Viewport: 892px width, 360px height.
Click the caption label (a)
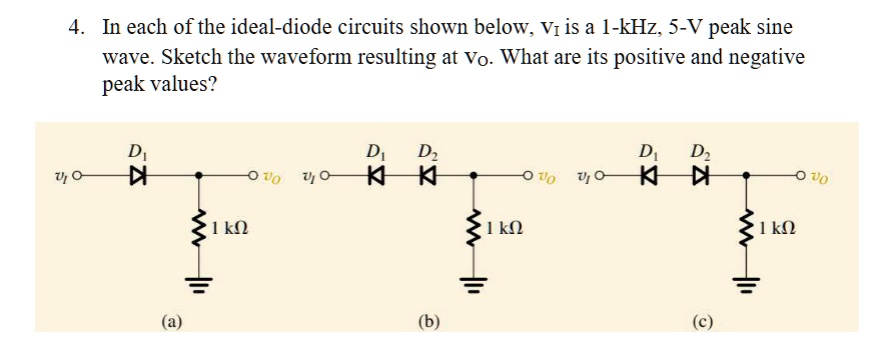tap(173, 321)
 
